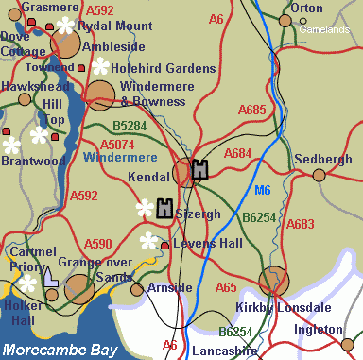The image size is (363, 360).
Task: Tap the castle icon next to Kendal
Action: click(x=199, y=170)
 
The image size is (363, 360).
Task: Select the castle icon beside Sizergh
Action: click(x=164, y=209)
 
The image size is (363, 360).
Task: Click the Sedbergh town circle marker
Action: click(x=319, y=174)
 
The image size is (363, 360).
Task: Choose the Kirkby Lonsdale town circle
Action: click(x=273, y=281)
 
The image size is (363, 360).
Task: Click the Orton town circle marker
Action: click(x=285, y=20)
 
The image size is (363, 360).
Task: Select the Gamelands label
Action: click(x=324, y=29)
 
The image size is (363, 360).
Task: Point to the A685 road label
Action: click(x=252, y=111)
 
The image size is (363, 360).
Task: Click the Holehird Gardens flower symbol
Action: click(x=98, y=66)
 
